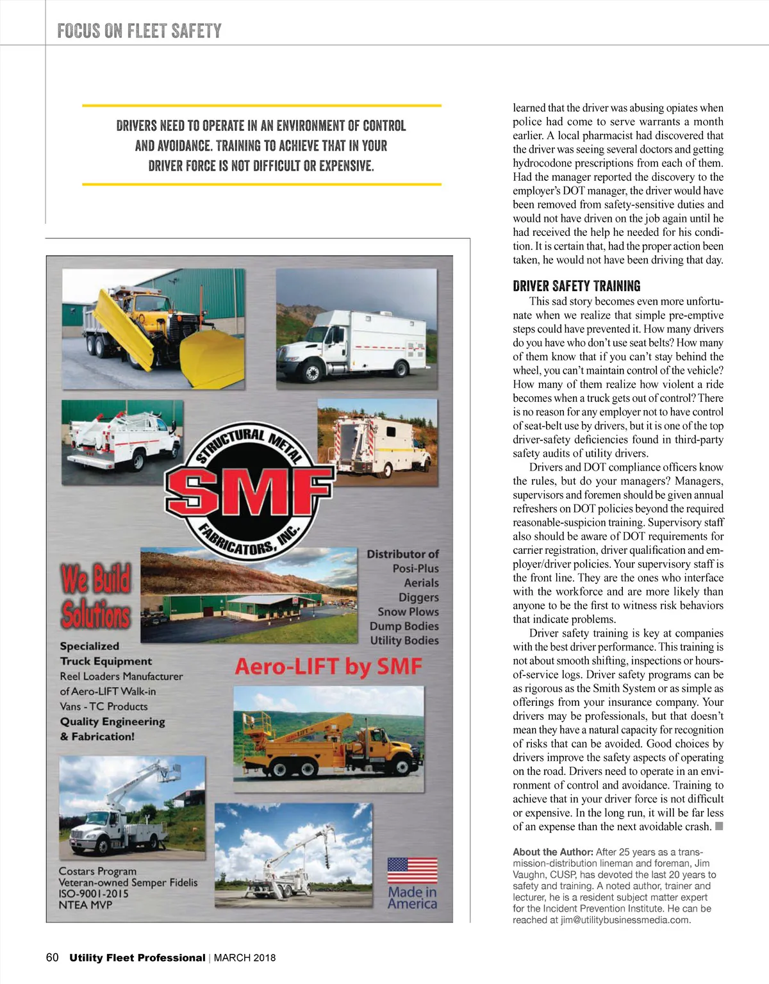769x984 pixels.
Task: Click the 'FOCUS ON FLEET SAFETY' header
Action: click(139, 31)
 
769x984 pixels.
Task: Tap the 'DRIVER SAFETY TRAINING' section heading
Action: click(576, 286)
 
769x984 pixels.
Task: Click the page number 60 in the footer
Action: click(52, 958)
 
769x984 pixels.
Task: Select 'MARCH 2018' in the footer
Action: click(245, 958)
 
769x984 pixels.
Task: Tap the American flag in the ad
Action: click(412, 871)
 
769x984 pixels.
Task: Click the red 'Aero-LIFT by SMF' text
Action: click(328, 667)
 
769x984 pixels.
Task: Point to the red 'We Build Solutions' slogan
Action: click(95, 596)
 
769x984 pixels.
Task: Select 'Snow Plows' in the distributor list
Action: click(408, 612)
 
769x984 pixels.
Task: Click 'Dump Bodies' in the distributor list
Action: click(404, 626)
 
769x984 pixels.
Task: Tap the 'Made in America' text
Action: click(412, 897)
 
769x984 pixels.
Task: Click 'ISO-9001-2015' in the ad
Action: click(94, 894)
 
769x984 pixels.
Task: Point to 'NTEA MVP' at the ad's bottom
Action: click(85, 905)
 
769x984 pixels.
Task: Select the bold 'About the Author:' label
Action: click(552, 852)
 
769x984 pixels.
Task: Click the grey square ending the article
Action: click(719, 826)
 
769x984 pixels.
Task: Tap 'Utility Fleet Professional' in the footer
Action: click(137, 958)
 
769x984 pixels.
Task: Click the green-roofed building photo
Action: click(249, 595)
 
